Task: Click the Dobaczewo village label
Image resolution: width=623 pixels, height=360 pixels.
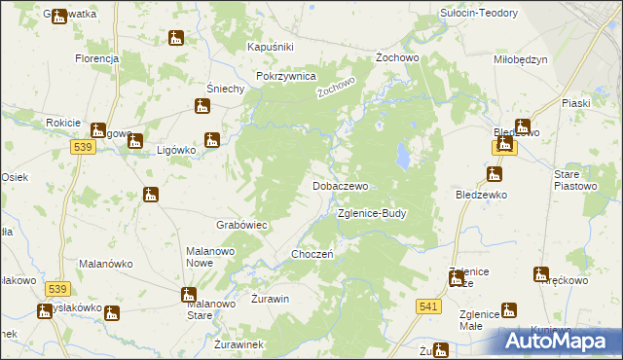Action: [x=340, y=185]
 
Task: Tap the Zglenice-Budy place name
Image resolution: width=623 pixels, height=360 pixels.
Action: [x=371, y=213]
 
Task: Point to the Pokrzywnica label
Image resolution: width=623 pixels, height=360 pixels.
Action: [x=286, y=75]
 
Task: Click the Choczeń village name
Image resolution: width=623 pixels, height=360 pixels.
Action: [x=313, y=254]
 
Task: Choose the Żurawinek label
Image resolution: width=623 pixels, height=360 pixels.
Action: [x=238, y=344]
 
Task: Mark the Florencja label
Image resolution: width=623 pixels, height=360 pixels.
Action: [x=96, y=58]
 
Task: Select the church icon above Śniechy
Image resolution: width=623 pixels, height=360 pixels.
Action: [x=202, y=107]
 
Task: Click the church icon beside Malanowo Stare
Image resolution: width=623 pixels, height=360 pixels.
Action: [x=188, y=294]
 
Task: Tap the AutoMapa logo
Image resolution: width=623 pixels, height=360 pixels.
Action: [x=559, y=342]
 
